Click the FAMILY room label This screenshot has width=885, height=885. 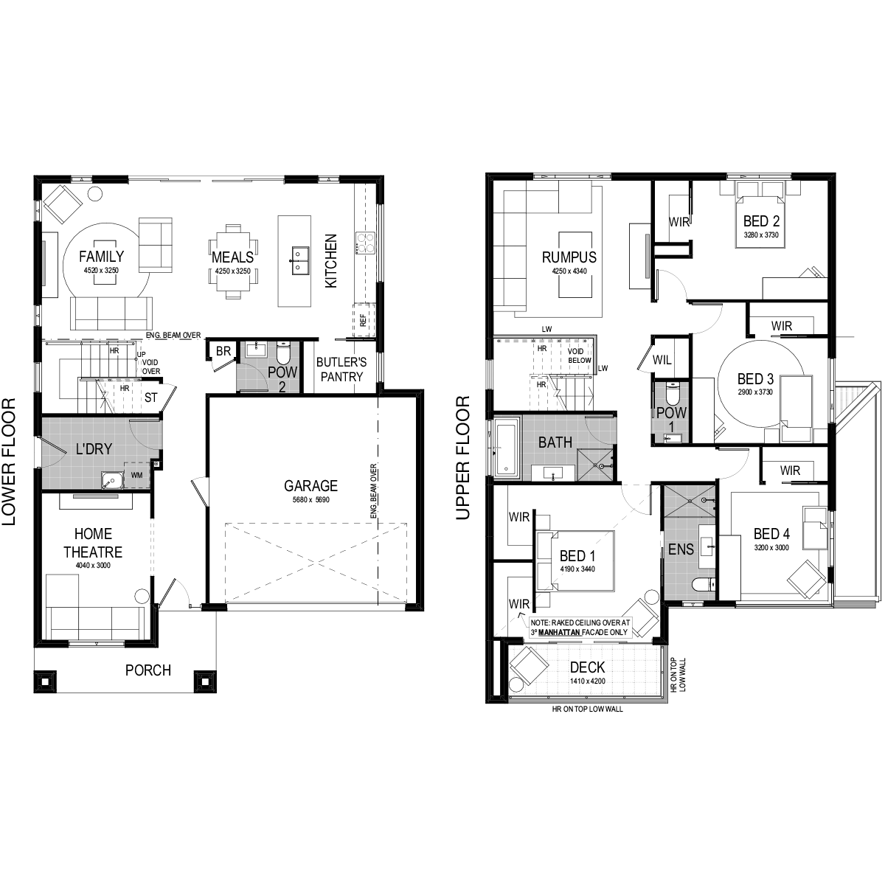tap(102, 256)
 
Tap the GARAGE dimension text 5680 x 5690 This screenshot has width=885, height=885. tap(311, 500)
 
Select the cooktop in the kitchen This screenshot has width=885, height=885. tap(366, 243)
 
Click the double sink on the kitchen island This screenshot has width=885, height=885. tap(299, 260)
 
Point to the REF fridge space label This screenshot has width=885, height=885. tap(364, 321)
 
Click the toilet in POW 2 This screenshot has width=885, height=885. tap(283, 353)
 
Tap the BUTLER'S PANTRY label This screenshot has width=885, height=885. tap(341, 369)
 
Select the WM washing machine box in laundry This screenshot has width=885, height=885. tap(136, 476)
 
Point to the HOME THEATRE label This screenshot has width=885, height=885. tap(93, 543)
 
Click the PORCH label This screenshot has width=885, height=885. tap(148, 670)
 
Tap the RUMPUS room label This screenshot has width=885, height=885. tap(569, 257)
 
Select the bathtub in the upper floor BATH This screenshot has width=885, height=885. tap(507, 448)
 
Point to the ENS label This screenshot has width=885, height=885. tap(681, 549)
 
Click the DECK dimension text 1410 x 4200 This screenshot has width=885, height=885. tap(587, 681)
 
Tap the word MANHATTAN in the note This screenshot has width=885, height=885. tap(559, 633)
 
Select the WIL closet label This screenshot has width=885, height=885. tap(662, 361)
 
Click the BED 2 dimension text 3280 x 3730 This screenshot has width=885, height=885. tap(761, 235)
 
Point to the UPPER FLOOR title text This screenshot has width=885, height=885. tap(463, 457)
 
